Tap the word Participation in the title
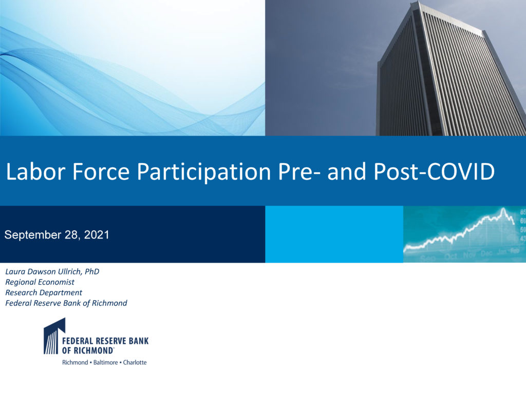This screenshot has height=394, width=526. pos(203,173)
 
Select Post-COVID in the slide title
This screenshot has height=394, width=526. pos(434,171)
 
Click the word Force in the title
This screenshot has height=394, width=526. pos(101,171)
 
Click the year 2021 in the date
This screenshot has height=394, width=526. pos(97,234)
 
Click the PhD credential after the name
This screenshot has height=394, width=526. pos(92,271)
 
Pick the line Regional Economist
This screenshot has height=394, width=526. pos(40,282)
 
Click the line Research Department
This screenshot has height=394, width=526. pos(44,292)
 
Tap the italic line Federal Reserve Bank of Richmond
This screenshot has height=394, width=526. pos(66,303)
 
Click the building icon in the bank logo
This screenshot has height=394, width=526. pos(54,336)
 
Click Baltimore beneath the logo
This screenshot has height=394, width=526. pos(105,363)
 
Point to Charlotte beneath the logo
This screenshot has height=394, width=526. pos(135,363)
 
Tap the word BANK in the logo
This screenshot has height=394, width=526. pos(139,341)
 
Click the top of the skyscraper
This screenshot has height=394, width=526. pos(419,2)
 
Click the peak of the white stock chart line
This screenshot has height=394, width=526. pos(503,209)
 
